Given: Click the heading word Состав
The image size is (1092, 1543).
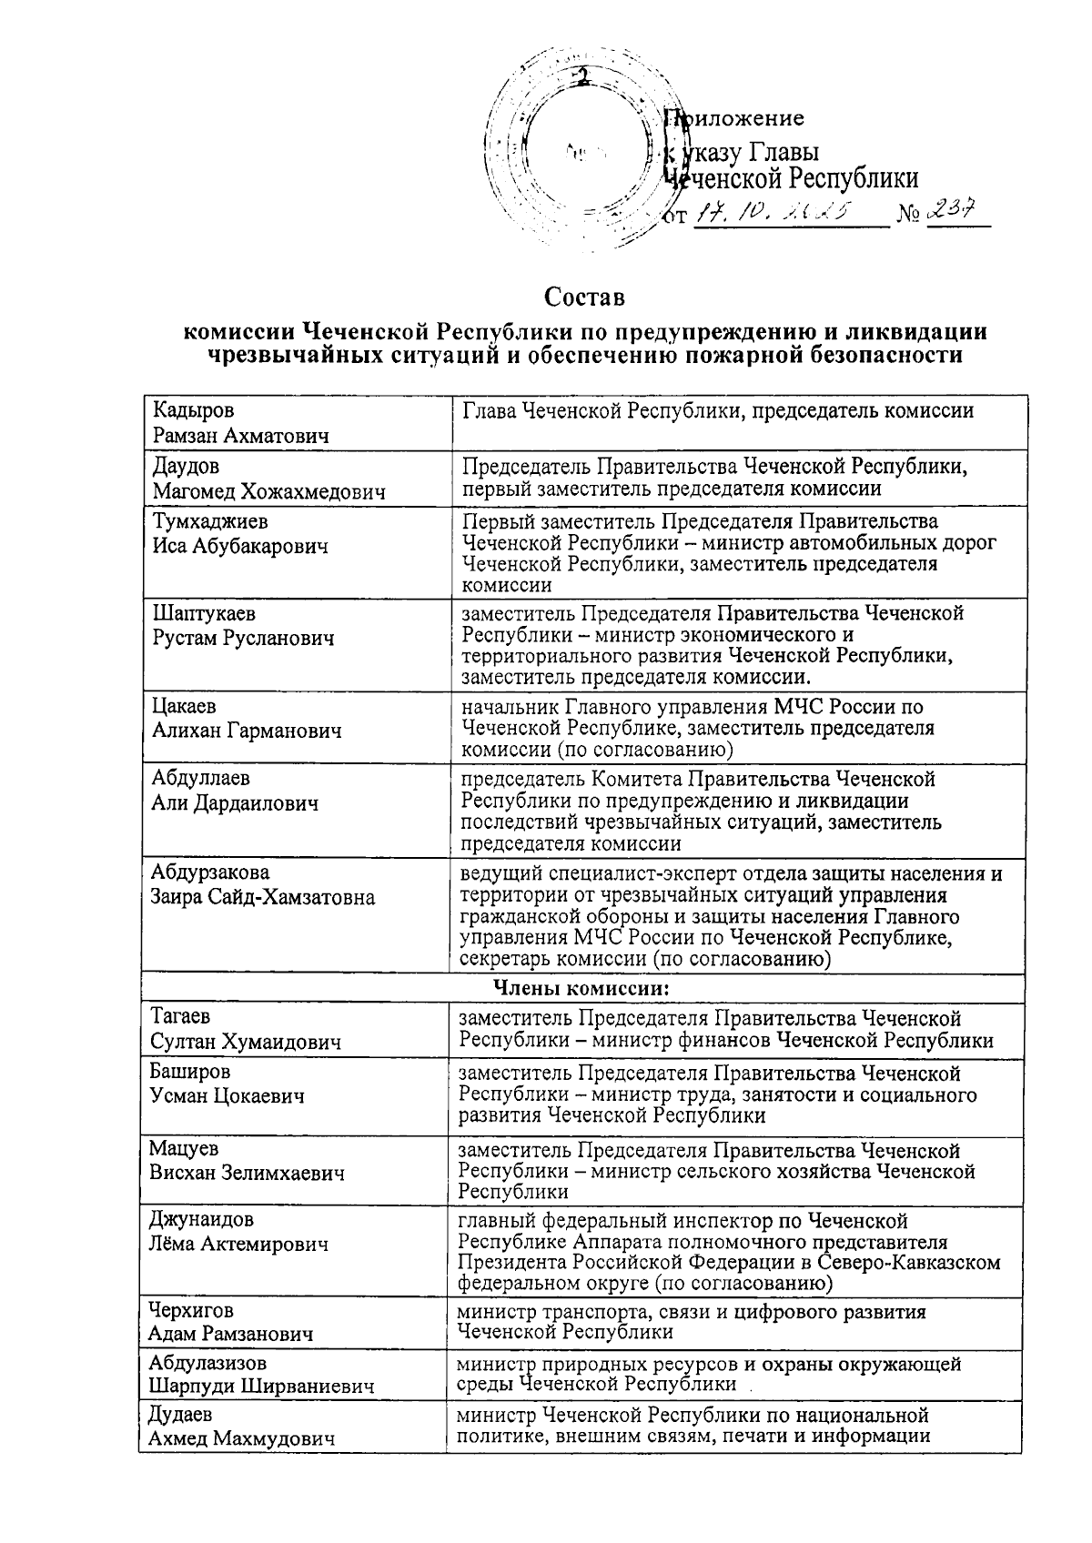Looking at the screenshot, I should click(x=585, y=298).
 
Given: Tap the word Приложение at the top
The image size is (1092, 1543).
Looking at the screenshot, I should click(x=733, y=118).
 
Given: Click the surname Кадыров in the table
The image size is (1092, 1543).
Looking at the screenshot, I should click(x=194, y=411).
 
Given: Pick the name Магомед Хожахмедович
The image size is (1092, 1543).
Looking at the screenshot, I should click(x=268, y=492).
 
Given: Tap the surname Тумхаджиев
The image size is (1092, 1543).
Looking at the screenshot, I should click(x=211, y=522).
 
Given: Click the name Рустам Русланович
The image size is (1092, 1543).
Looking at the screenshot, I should click(x=243, y=638).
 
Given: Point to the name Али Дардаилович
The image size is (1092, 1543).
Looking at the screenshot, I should click(x=235, y=803).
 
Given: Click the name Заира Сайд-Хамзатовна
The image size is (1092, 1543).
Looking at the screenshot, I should click(x=263, y=897).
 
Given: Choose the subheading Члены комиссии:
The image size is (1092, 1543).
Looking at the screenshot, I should click(x=582, y=988).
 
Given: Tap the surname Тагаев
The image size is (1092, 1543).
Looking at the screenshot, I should click(x=180, y=1017).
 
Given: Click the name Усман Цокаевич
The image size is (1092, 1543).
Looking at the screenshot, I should click(x=227, y=1096).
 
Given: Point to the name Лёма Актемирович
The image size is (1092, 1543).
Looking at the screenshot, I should click(x=238, y=1244).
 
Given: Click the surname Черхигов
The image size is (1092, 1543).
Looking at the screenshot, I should click(x=191, y=1310).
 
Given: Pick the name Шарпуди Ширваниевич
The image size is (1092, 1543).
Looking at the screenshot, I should click(x=262, y=1387).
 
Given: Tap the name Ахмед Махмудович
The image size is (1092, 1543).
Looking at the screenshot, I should click(x=241, y=1438).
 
